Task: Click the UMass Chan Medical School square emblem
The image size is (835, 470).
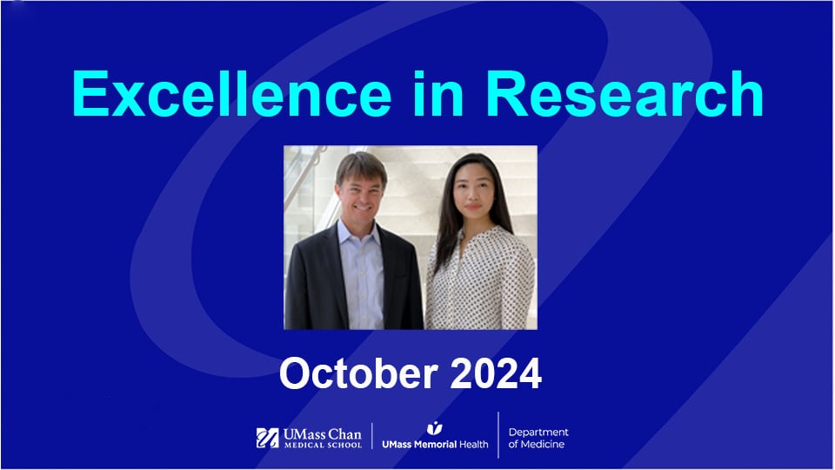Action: click(268, 438)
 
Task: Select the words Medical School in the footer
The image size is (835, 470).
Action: click(322, 446)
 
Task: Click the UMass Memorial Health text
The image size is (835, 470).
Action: click(435, 444)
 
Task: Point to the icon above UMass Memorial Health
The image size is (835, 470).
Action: click(435, 427)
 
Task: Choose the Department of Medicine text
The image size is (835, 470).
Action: click(538, 438)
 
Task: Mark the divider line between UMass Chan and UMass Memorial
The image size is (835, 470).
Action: click(372, 437)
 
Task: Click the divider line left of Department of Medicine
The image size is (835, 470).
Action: click(498, 435)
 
